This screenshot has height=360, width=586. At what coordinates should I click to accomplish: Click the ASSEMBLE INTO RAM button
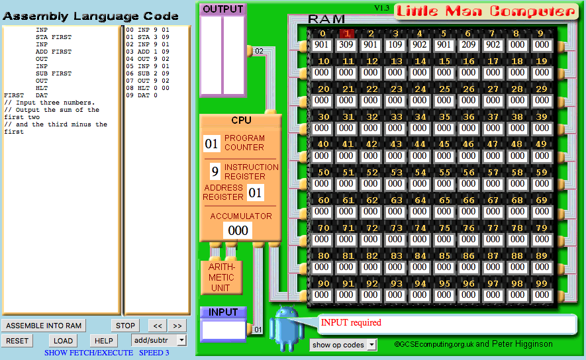[x=44, y=326]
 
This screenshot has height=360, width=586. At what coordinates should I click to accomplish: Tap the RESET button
[x=17, y=341]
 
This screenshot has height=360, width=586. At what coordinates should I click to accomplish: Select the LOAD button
[x=63, y=341]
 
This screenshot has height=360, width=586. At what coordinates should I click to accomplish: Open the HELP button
[x=103, y=341]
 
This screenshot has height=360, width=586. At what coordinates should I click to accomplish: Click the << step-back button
[x=158, y=326]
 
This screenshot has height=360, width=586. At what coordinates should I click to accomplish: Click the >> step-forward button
[x=177, y=326]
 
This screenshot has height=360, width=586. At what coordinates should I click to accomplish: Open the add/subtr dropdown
[x=158, y=340]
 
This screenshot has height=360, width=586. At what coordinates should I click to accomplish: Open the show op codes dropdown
[x=343, y=345]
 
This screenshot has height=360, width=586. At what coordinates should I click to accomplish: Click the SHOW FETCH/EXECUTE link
[x=89, y=353]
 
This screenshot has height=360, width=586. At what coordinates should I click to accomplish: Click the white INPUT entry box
[x=223, y=330]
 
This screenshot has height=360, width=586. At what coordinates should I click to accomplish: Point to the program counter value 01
[x=211, y=144]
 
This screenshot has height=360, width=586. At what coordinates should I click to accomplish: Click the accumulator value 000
[x=238, y=230]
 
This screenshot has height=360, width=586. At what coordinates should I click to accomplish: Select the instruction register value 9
[x=215, y=171]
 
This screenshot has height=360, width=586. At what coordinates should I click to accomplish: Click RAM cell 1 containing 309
[x=346, y=45]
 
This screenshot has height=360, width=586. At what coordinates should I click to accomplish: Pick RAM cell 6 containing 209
[x=468, y=45]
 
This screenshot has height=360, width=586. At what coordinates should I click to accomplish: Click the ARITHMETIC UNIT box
[x=222, y=277]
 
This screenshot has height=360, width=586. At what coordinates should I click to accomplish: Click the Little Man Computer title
[x=486, y=11]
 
